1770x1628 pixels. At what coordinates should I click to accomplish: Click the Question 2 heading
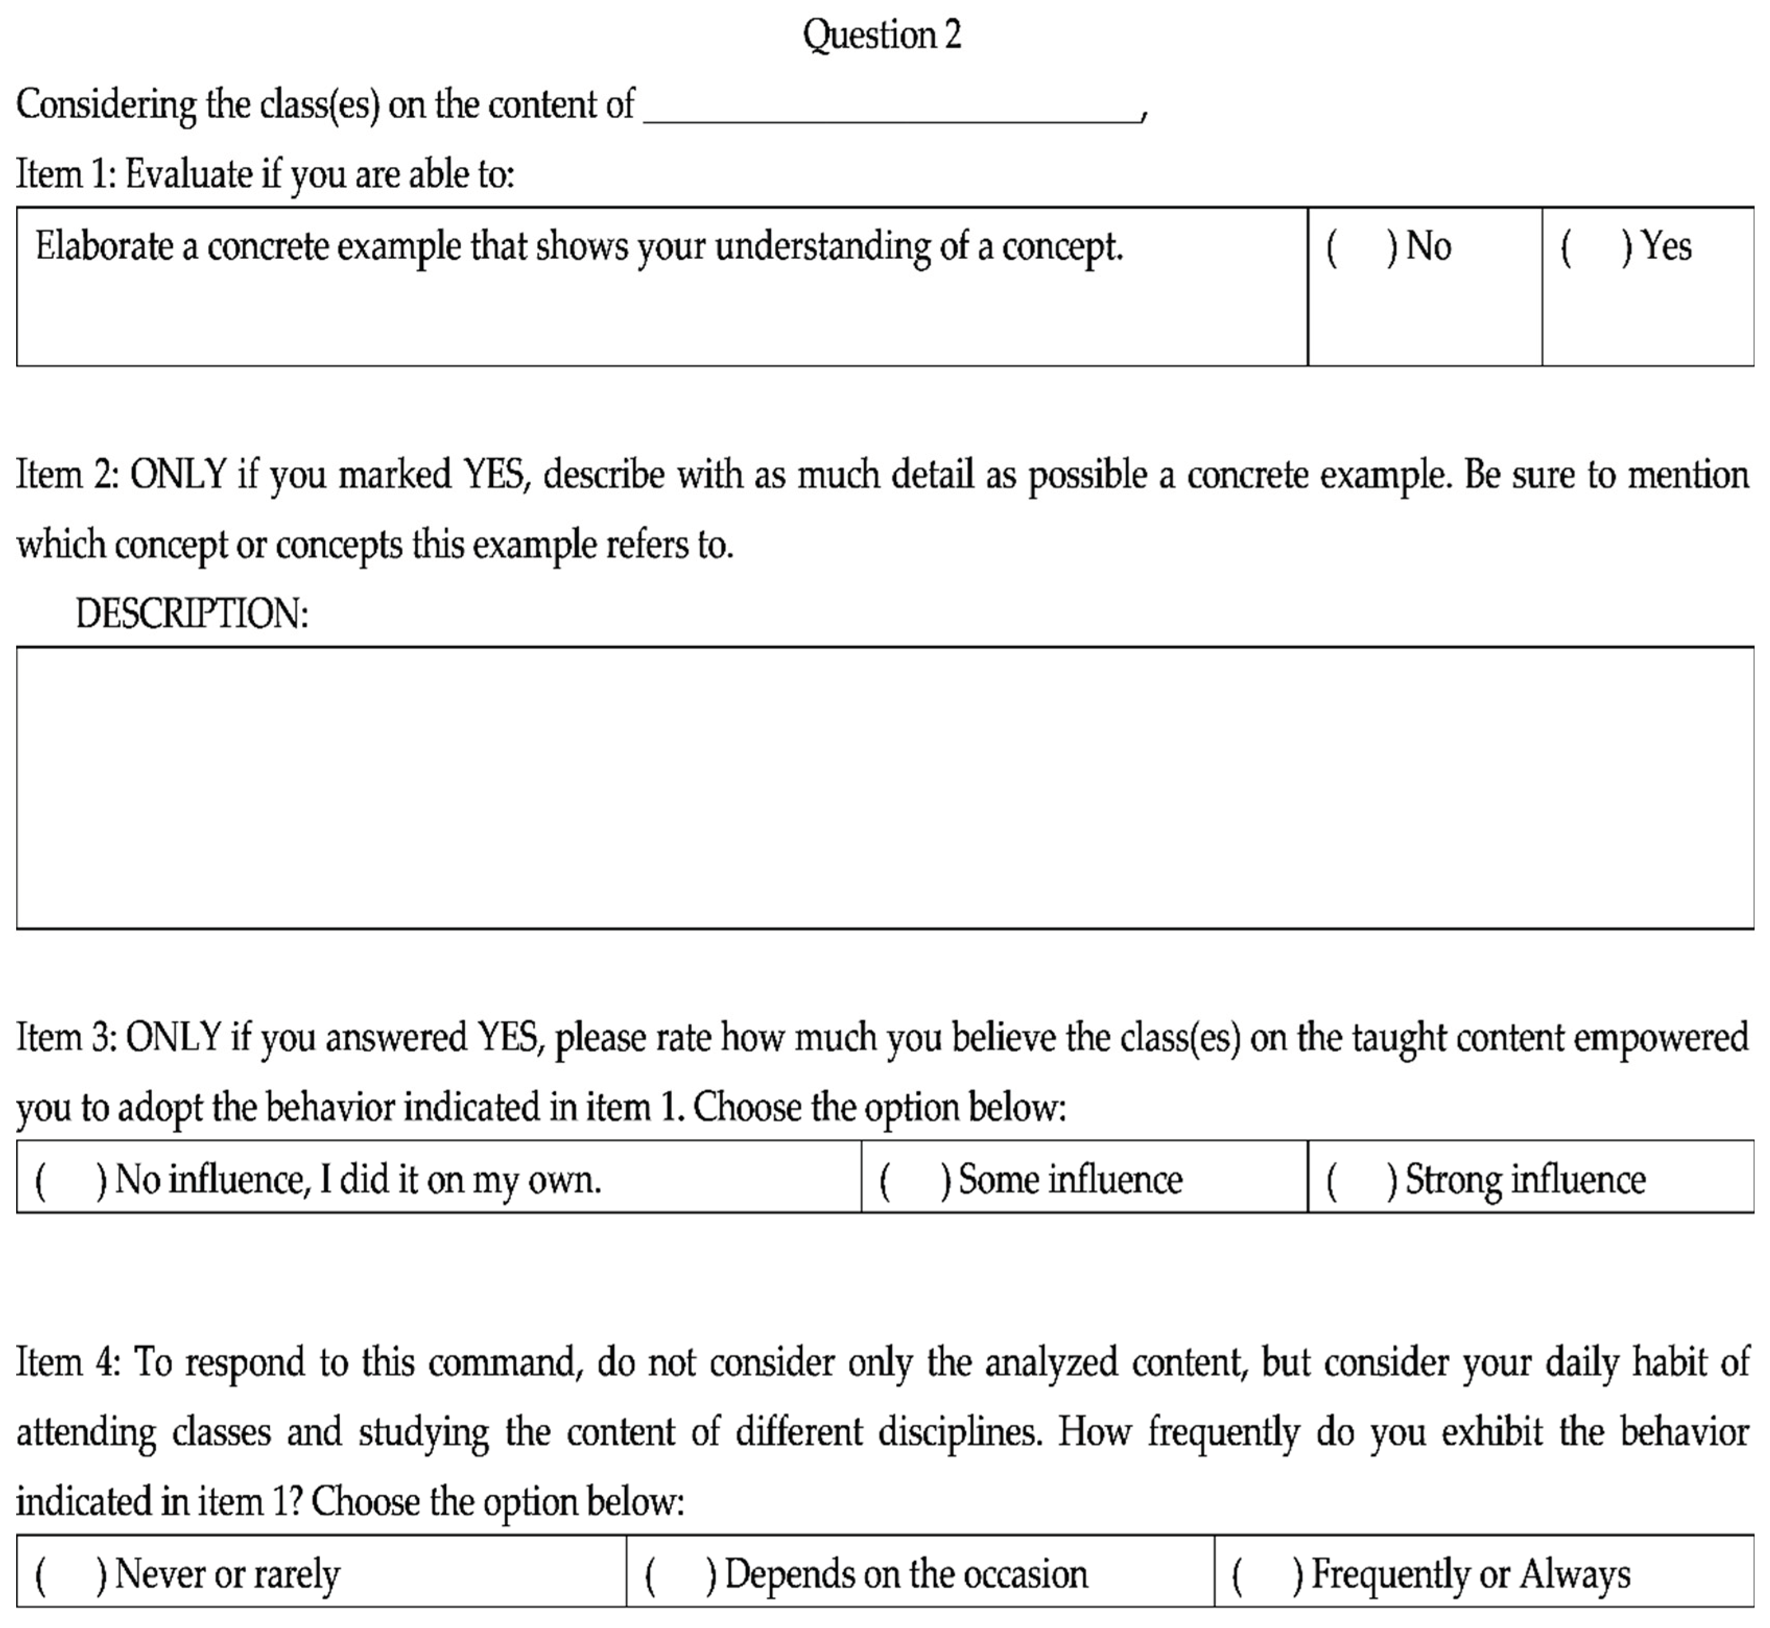[x=881, y=35]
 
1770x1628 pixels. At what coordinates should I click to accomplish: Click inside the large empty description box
[x=885, y=787]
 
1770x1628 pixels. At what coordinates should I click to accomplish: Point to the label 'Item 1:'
[x=64, y=174]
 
